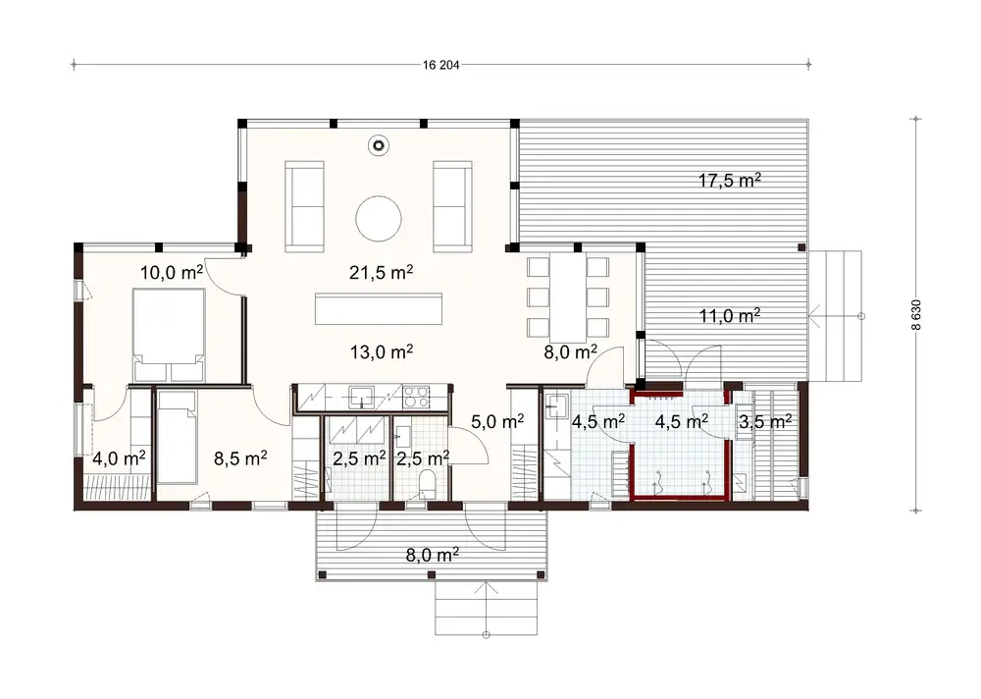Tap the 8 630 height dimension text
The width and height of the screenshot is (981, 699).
point(915,315)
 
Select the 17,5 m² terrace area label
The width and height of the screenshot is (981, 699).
point(731,181)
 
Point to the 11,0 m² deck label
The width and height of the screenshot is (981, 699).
point(731,316)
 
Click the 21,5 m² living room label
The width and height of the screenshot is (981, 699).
point(379,273)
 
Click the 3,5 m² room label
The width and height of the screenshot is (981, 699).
point(765,422)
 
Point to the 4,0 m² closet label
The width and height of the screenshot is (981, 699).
point(119,457)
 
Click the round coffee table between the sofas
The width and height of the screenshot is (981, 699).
point(379,218)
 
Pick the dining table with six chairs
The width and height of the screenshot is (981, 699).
point(567,296)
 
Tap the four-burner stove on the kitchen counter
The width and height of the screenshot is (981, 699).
point(416,397)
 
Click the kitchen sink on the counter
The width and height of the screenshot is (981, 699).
point(361,397)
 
